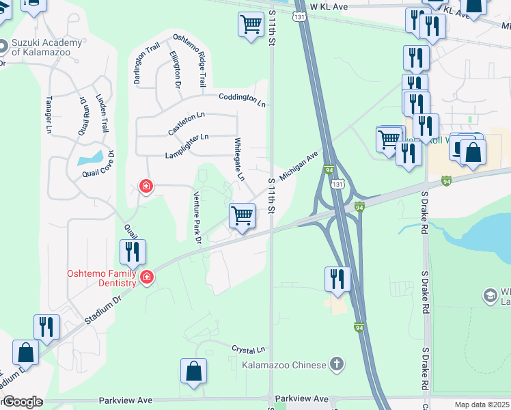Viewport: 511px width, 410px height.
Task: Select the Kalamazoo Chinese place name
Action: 284,365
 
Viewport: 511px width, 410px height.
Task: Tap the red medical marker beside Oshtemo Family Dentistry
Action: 147,277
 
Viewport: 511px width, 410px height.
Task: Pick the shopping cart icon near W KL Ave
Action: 251,25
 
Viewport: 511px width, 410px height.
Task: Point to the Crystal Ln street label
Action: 247,348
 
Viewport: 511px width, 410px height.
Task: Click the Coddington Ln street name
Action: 242,99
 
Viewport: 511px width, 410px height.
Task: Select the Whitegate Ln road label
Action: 239,159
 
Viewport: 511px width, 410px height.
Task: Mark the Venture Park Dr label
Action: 197,216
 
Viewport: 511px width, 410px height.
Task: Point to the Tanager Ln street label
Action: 49,113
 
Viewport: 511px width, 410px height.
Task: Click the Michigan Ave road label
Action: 299,164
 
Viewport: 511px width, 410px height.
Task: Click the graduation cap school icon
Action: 490,295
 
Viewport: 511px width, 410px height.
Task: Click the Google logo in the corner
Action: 23,402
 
